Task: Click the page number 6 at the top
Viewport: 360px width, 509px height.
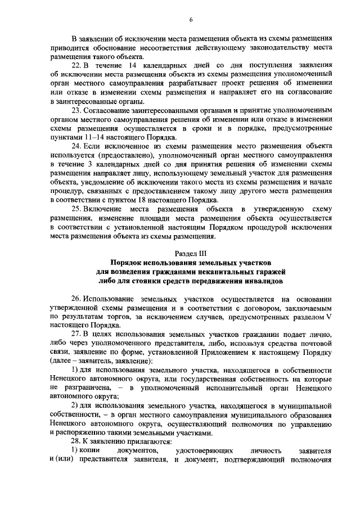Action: coord(191,21)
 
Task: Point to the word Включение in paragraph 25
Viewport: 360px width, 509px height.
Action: coord(107,209)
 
